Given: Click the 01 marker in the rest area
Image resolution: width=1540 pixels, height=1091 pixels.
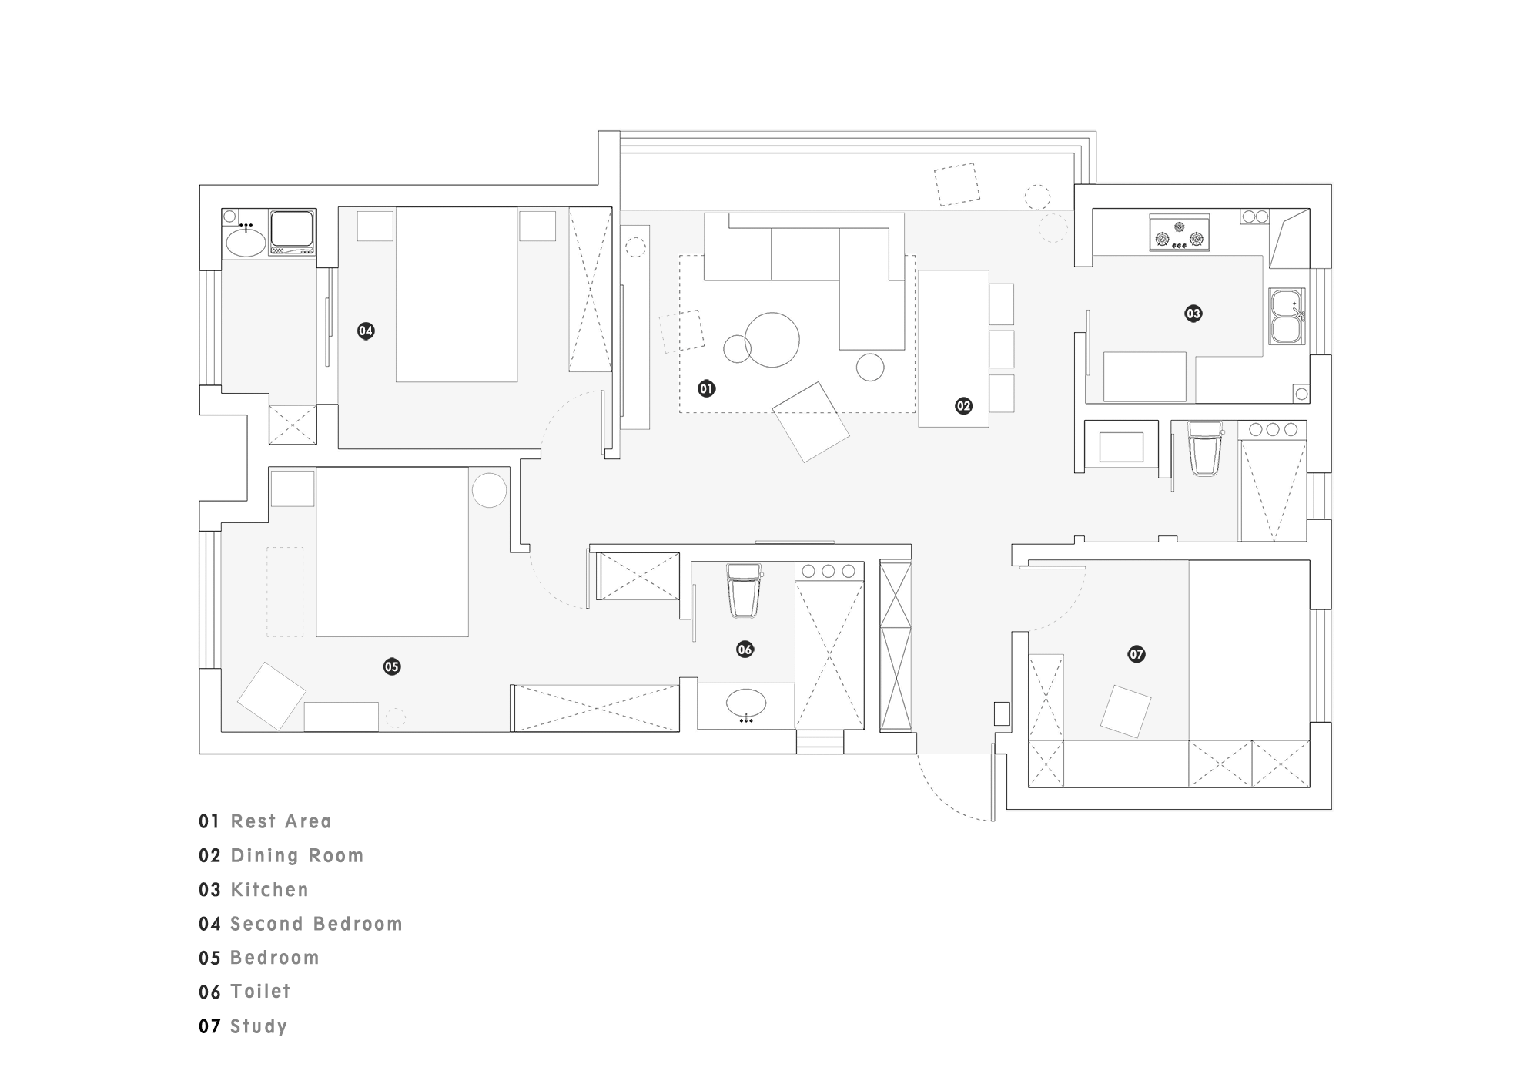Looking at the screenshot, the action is [x=706, y=389].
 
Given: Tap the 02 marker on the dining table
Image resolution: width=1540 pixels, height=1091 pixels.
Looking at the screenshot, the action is [x=963, y=406].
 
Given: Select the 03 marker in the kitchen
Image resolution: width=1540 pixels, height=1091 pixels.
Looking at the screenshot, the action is [x=1193, y=314].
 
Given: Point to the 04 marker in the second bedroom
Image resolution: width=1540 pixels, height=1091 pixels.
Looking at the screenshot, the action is [x=366, y=331].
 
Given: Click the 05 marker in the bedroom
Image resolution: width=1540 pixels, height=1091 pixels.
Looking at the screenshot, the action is [x=392, y=666].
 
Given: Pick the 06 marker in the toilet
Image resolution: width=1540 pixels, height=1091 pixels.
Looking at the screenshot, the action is [x=745, y=650].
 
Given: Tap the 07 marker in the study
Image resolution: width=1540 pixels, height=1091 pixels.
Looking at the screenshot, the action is [x=1137, y=654].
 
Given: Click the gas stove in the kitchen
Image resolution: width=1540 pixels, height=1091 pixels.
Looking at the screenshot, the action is [x=1179, y=233].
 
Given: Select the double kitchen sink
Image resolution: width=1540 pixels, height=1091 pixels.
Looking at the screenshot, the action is [x=1287, y=316].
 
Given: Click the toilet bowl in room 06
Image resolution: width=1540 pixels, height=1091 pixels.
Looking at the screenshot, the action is [x=744, y=590].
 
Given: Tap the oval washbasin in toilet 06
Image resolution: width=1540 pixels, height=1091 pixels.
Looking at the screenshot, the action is [x=746, y=703].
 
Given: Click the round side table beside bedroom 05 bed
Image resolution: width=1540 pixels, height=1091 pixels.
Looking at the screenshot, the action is [x=489, y=489].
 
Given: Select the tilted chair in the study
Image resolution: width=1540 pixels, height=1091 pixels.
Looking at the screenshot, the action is [x=1126, y=711].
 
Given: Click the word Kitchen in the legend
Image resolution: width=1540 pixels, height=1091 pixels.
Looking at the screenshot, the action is [x=269, y=890].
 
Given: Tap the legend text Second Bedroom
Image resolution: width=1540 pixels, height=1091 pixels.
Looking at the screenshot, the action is [x=316, y=924].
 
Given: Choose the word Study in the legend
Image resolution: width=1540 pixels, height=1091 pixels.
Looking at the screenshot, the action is [x=259, y=1026].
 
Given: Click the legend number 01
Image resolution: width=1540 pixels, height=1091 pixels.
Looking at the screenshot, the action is [x=209, y=821].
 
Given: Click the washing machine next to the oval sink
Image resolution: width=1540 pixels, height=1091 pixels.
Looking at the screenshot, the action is [x=293, y=232].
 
